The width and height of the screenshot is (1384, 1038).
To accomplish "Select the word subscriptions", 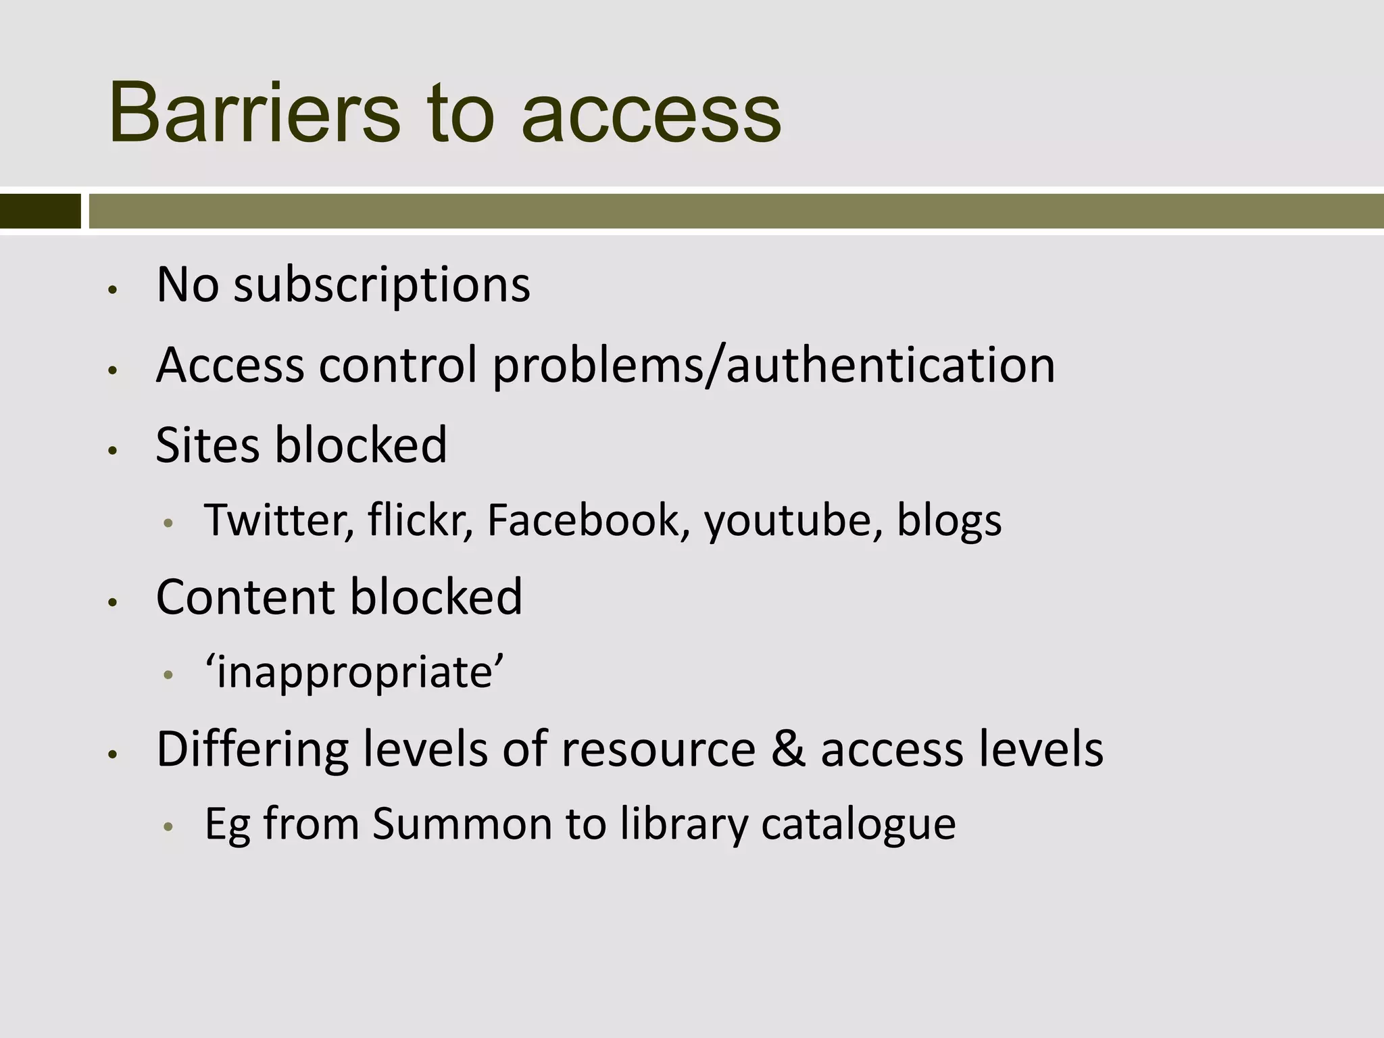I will [382, 285].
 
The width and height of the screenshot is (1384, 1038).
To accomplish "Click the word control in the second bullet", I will [397, 366].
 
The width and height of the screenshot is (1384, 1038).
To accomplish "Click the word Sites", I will [207, 445].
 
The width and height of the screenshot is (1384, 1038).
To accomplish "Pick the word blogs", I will [949, 522].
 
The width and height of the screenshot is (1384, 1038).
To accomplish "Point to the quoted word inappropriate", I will [355, 673].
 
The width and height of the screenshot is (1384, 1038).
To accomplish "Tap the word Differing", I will [252, 750].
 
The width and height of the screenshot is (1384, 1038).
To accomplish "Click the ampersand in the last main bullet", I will [787, 749].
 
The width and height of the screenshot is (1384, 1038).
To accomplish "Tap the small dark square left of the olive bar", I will [40, 211].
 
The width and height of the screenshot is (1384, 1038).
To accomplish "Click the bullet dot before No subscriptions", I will [113, 290].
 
